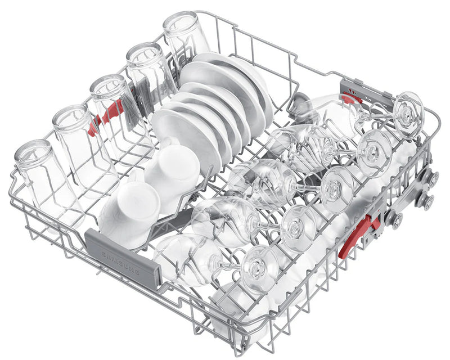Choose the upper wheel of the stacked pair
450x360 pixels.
[434, 179]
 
